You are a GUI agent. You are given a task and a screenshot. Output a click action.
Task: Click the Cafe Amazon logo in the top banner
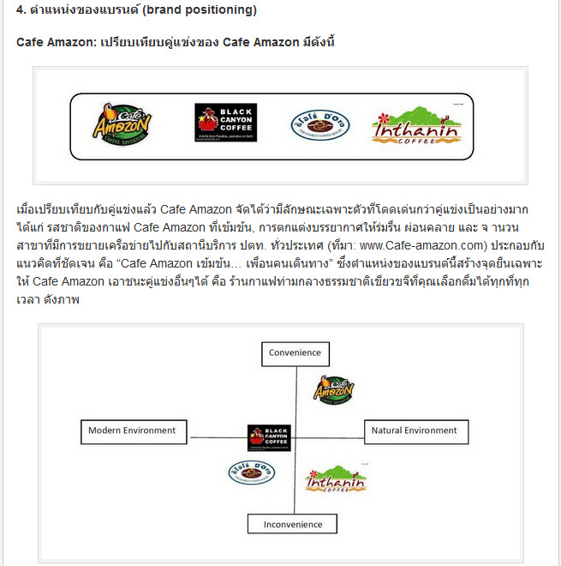click(x=122, y=126)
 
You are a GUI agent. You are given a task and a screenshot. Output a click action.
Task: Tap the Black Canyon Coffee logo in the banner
click(x=225, y=123)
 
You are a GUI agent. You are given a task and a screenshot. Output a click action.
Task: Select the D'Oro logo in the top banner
click(x=319, y=125)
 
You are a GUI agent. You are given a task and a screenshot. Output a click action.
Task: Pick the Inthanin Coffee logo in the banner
click(x=415, y=125)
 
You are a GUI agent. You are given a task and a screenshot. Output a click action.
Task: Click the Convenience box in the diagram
click(x=295, y=353)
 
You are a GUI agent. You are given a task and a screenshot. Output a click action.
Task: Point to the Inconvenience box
click(x=293, y=524)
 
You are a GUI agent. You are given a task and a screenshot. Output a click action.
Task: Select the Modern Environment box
click(x=132, y=431)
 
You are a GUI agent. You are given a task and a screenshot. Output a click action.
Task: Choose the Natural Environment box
click(x=414, y=431)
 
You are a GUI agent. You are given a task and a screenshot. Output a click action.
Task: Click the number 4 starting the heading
click(x=21, y=11)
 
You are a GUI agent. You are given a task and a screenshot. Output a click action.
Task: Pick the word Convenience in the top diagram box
click(x=295, y=353)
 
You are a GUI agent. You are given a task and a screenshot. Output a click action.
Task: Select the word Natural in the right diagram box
click(x=391, y=431)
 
